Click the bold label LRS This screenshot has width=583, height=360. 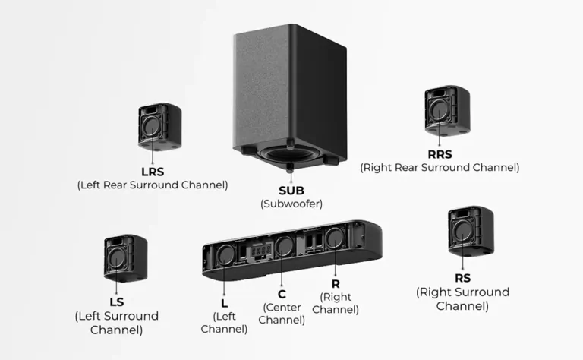pos(152,171)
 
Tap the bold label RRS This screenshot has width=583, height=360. pos(439,153)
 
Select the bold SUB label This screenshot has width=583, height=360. pos(291,190)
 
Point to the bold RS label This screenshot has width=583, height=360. pos(462,278)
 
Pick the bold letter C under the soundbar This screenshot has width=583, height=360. pos(282,293)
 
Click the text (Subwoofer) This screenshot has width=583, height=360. pos(291,204)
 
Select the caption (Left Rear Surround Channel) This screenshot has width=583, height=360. pos(152,185)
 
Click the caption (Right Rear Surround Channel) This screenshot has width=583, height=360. pos(440,167)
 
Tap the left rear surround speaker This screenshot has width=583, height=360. pos(159,125)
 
